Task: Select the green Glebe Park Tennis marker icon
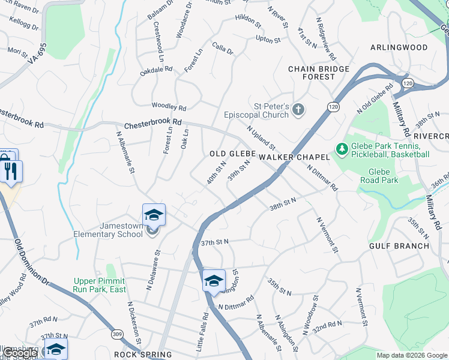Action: [342, 148]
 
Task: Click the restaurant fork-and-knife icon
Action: [12, 171]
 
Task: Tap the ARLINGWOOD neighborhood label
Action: [399, 47]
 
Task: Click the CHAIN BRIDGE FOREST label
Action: [319, 73]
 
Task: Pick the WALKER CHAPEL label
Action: [294, 157]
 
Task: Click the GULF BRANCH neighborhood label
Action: [399, 245]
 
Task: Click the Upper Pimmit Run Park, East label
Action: [99, 284]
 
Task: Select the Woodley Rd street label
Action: [169, 106]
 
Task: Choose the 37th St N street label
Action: [215, 242]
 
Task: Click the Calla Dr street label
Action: [222, 49]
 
